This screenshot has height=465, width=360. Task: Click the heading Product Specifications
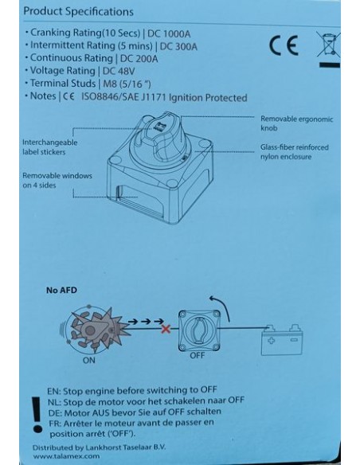tap(78, 12)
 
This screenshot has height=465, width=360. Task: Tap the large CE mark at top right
tap(284, 45)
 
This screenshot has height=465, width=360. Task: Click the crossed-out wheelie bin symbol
tap(329, 44)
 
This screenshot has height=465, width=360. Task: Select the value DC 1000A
tap(169, 33)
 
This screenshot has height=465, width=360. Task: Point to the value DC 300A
tap(178, 46)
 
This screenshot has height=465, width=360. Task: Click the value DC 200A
tap(139, 59)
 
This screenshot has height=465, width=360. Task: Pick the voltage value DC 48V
tap(119, 71)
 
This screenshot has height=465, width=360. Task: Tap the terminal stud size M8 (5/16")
tap(127, 84)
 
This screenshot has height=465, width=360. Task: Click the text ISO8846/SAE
tap(109, 97)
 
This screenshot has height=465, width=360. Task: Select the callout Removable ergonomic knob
tap(296, 123)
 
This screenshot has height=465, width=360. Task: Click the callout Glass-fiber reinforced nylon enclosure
tap(295, 152)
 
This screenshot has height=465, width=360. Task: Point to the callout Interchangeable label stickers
tap(50, 147)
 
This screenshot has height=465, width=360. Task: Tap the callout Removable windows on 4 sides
tap(57, 180)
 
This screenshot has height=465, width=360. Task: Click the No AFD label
tap(61, 290)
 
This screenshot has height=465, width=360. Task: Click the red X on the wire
tap(166, 329)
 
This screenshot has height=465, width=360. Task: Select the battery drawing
tap(282, 340)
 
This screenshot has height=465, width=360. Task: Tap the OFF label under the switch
tap(198, 355)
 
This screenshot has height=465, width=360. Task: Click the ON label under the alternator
tap(89, 361)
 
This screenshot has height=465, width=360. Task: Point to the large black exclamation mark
tap(37, 415)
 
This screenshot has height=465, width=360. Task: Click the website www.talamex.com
tap(66, 456)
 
